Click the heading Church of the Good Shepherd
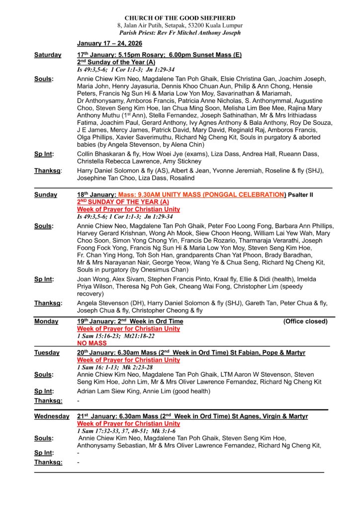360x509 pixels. coord(180,18)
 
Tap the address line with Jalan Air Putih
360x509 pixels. coord(180,25)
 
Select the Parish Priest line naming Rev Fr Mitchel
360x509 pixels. coord(180,33)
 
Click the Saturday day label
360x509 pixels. coord(48,55)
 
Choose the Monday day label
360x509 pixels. coord(46,322)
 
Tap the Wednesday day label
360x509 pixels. coord(52,416)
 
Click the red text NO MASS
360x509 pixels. coord(92,343)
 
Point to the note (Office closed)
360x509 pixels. coord(305,322)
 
